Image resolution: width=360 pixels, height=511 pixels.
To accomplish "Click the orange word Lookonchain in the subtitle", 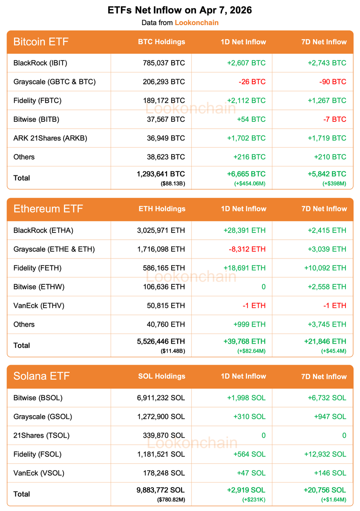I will pyautogui.click(x=196, y=23).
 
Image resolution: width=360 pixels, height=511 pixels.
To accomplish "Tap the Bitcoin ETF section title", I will pyautogui.click(x=41, y=42).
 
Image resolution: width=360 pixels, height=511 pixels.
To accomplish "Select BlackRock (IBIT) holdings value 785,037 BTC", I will pyautogui.click(x=164, y=63).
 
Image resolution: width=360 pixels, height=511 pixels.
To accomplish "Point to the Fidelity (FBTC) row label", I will pyautogui.click(x=37, y=100).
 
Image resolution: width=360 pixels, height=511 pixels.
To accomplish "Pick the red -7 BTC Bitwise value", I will pyautogui.click(x=334, y=119).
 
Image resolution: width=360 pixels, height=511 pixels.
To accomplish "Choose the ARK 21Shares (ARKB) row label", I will pyautogui.click(x=50, y=138).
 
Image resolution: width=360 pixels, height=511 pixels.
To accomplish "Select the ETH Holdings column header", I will pyautogui.click(x=162, y=209).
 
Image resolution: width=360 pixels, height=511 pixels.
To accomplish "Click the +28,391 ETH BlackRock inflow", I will pyautogui.click(x=244, y=230).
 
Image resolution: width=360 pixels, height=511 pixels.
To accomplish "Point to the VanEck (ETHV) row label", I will pyautogui.click(x=39, y=305).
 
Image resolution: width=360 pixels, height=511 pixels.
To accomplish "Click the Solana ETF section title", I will pyautogui.click(x=41, y=376).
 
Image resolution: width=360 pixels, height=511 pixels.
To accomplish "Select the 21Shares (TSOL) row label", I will pyautogui.click(x=41, y=435).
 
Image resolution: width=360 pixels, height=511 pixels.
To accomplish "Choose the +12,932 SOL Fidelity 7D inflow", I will pyautogui.click(x=325, y=454).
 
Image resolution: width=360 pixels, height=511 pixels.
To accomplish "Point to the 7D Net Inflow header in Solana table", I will pyautogui.click(x=324, y=376).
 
